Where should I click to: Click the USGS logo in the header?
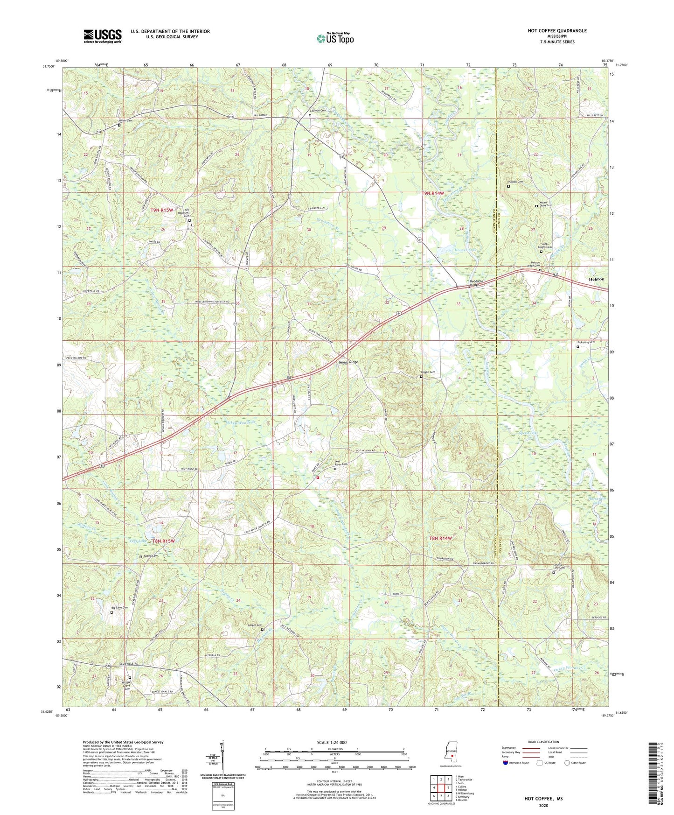tap(103, 35)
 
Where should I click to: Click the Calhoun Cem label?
tap(317, 111)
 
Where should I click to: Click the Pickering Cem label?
tap(586, 342)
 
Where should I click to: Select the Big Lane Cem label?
tap(119, 608)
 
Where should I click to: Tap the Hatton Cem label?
tap(515, 182)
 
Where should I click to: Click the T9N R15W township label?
tap(162, 211)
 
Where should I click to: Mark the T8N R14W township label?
tap(440, 538)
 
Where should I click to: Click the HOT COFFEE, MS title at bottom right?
tap(543, 799)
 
